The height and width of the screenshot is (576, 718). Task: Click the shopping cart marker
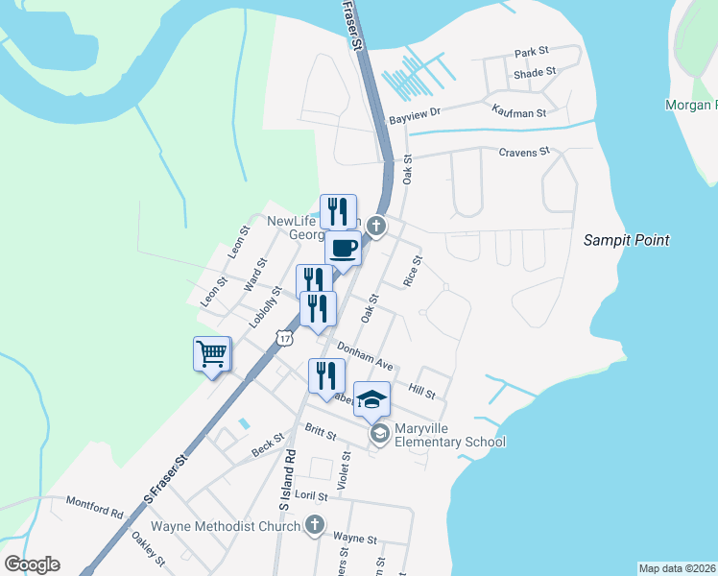(212, 354)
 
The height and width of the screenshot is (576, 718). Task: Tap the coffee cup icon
(344, 250)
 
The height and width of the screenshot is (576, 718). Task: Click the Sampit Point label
(627, 240)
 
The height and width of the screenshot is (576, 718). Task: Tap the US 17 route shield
(283, 337)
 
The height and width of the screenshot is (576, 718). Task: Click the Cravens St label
(523, 152)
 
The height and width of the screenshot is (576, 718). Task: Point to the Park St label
(530, 53)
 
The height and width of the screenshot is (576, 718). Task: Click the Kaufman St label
(519, 112)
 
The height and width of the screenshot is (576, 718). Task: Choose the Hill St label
(421, 391)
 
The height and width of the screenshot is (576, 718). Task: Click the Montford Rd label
(95, 506)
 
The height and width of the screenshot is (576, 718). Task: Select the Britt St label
(320, 433)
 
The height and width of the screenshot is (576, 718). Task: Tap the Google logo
(32, 564)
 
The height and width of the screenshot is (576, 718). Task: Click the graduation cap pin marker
(372, 400)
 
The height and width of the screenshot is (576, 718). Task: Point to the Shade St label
(535, 73)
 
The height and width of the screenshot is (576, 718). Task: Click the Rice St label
(413, 270)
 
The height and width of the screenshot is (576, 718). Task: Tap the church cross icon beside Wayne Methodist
(314, 524)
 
